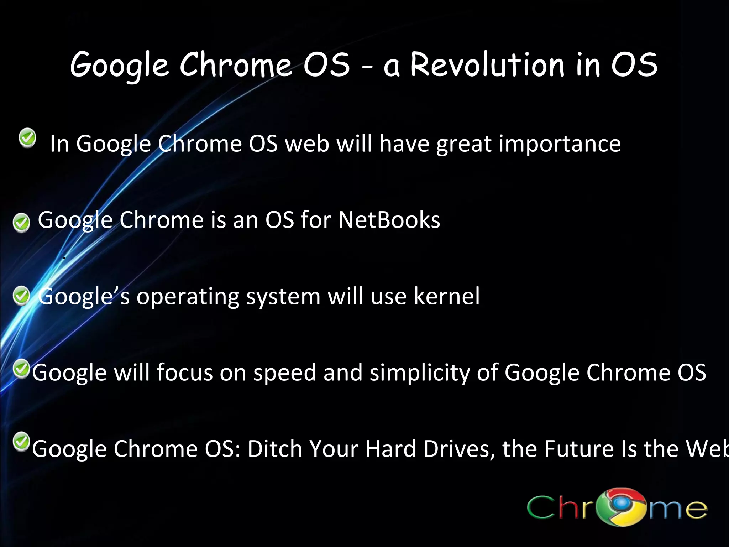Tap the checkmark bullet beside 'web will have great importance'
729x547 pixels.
click(27, 138)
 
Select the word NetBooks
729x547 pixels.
click(389, 220)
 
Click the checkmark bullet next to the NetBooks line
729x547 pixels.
click(21, 223)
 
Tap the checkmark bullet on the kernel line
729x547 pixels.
click(21, 296)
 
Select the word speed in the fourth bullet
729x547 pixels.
click(285, 373)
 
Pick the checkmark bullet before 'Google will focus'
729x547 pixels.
click(21, 369)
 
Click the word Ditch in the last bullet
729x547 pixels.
click(274, 449)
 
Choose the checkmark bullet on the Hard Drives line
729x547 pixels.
click(21, 442)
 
